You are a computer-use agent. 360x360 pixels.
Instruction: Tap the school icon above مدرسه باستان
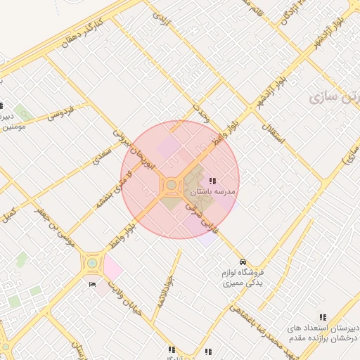click(212, 181)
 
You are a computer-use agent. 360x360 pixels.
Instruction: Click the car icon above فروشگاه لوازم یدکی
click(243, 261)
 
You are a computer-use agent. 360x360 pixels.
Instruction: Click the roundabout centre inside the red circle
click(171, 185)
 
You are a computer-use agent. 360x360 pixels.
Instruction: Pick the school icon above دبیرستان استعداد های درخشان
click(323, 317)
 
